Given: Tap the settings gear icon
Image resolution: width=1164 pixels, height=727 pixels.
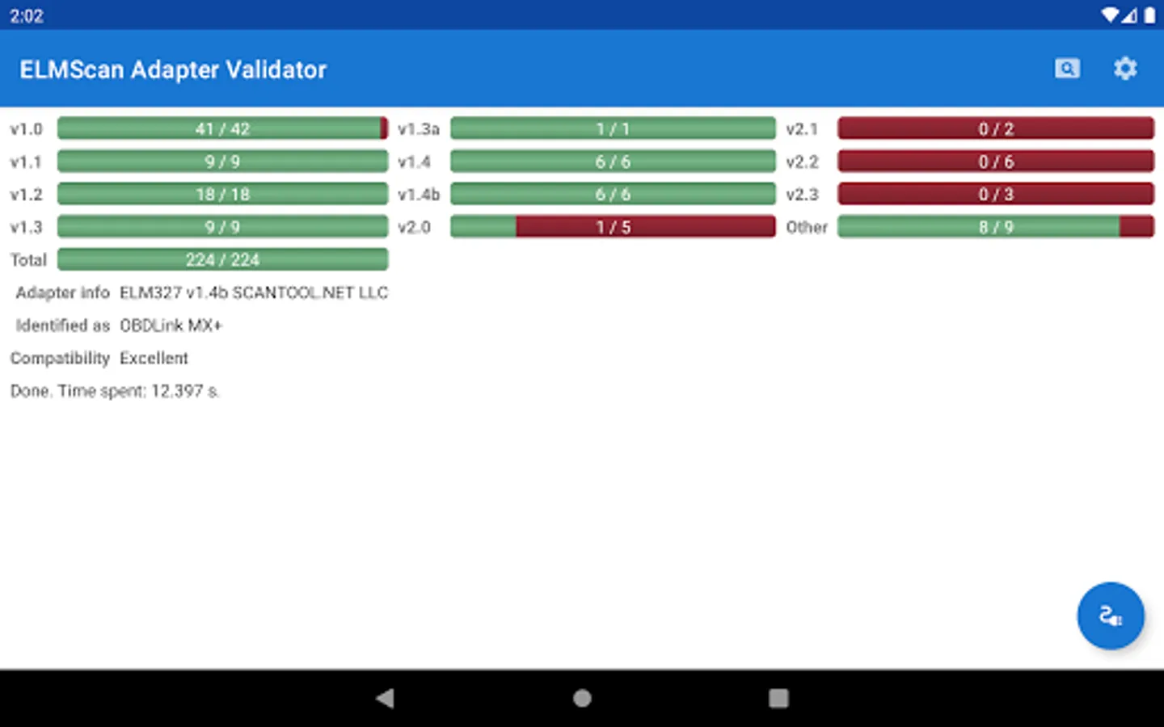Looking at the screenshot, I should tap(1124, 69).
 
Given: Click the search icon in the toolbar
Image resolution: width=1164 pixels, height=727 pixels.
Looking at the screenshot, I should tap(1067, 69).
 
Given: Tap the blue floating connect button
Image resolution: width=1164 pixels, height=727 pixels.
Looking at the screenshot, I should tap(1110, 616).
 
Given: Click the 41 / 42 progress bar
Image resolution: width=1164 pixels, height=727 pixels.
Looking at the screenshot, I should tap(222, 128).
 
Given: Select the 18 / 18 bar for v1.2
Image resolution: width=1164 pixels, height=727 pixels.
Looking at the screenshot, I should tap(222, 194).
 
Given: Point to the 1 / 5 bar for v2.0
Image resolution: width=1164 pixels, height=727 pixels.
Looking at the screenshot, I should tap(613, 227).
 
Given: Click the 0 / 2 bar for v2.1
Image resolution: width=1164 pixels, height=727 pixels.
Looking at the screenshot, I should tap(995, 128).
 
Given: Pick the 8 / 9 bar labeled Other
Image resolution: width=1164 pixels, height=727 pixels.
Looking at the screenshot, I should tap(995, 227).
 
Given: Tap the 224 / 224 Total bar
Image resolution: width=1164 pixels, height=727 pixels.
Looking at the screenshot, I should tap(222, 259).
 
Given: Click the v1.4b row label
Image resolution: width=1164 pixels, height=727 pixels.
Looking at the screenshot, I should tap(419, 194).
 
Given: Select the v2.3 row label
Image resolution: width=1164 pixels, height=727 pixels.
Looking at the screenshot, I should tap(802, 194).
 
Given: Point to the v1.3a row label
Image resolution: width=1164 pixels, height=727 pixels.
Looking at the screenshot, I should tap(419, 128).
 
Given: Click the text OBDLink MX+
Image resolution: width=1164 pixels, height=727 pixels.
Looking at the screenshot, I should tap(171, 326).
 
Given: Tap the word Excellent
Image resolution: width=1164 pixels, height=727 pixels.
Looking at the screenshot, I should tap(154, 358).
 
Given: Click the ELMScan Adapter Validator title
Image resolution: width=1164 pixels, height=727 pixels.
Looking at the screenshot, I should tap(173, 69).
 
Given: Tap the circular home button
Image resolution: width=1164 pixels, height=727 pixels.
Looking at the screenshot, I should tap(582, 698).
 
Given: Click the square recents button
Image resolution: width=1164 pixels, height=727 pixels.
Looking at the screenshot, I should tap(778, 698).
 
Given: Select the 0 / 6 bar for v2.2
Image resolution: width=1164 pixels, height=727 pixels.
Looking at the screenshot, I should tap(995, 162).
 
